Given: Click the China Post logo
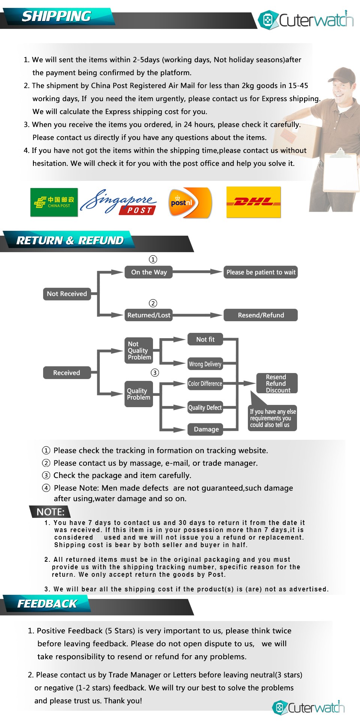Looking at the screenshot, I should point(54,202).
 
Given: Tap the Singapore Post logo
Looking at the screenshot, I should point(118,203).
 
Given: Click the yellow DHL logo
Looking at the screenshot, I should point(253,202).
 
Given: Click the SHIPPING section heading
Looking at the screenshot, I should point(56,17).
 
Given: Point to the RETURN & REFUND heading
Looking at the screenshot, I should point(70,241).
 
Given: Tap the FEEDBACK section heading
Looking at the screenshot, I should point(47,604).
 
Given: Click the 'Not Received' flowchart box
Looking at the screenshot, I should point(67,294).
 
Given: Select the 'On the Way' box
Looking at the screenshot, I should point(149,272).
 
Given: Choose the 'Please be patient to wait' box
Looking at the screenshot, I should point(261,272).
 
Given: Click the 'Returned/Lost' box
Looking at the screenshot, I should point(149,315).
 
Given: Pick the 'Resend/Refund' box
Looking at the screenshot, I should point(261,315).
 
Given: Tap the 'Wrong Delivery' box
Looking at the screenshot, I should point(205,364).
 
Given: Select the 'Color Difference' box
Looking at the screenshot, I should point(205,384).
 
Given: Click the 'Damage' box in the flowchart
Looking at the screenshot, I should point(206,429).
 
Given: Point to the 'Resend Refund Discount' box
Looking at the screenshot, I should point(276,384).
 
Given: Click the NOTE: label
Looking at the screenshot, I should point(50,512).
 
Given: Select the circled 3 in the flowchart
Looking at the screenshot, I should point(155,373).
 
